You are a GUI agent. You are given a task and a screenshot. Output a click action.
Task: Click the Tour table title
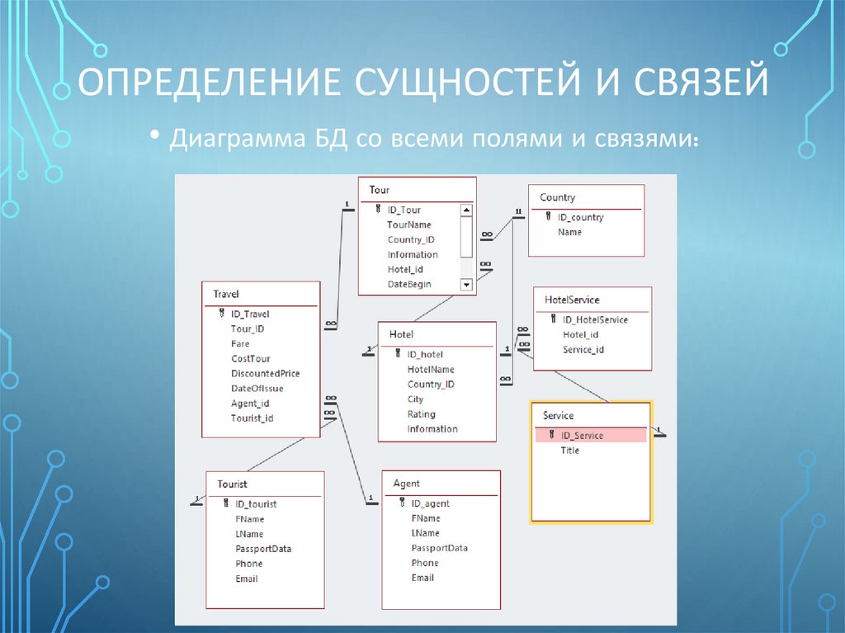pos(380,190)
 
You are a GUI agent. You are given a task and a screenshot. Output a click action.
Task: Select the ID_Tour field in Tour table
pos(404,210)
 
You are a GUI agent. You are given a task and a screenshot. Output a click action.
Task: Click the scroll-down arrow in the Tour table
pos(465,285)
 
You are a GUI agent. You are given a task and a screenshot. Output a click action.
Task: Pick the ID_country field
pos(580,217)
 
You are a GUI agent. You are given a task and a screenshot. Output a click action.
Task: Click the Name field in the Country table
pos(569,232)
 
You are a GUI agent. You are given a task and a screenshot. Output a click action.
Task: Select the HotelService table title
pos(572,300)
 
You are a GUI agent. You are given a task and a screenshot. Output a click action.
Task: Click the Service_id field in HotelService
pos(583,349)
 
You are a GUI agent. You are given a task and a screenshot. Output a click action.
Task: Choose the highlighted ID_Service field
pos(582,435)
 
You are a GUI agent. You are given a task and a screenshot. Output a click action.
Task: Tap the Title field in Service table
pos(569,450)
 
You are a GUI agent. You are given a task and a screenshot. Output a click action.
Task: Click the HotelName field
pos(431,369)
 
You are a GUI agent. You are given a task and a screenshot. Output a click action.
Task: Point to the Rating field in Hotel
pos(421,413)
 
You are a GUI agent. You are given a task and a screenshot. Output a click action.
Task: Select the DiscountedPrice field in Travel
pos(265,373)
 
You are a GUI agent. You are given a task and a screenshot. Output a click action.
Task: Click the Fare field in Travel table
pos(240,343)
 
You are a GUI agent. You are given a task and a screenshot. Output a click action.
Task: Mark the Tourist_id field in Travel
pos(252,418)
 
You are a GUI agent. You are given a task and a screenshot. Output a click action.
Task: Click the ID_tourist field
pos(255,503)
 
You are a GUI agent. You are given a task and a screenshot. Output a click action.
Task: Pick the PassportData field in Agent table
pos(439,548)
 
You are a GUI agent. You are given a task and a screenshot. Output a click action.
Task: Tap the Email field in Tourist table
pos(246,579)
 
